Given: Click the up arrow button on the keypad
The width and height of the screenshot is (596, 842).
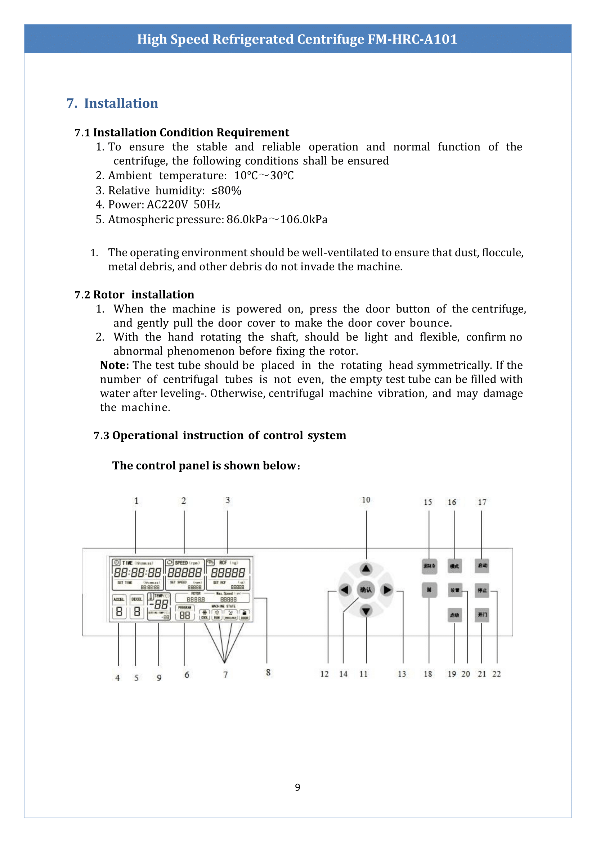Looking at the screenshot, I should pyautogui.click(x=366, y=569).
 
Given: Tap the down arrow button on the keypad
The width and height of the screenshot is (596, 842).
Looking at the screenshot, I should pyautogui.click(x=366, y=611).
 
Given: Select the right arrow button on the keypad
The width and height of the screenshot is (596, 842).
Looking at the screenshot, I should pyautogui.click(x=387, y=590).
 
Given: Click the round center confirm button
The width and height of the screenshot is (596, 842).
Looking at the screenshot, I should pyautogui.click(x=366, y=590).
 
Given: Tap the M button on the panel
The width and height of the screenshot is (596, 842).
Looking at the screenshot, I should pyautogui.click(x=429, y=590).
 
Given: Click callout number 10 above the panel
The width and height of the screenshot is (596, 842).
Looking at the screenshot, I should pyautogui.click(x=366, y=500).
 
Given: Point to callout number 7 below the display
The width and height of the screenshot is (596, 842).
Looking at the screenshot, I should pyautogui.click(x=225, y=675).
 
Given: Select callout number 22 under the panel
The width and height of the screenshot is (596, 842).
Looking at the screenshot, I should pyautogui.click(x=496, y=674).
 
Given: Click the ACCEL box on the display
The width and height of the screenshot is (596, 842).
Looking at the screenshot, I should pyautogui.click(x=119, y=599).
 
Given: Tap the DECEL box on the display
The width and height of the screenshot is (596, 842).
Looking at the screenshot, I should pyautogui.click(x=137, y=599).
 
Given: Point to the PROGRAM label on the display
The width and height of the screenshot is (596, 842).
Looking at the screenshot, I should pyautogui.click(x=185, y=608).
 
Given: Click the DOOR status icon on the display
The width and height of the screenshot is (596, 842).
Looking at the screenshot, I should pyautogui.click(x=245, y=614).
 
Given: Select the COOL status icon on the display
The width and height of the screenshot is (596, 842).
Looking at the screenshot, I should pyautogui.click(x=205, y=614).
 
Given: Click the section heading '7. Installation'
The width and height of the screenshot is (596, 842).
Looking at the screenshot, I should pyautogui.click(x=112, y=103).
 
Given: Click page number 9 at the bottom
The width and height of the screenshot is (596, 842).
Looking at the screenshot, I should pyautogui.click(x=297, y=787).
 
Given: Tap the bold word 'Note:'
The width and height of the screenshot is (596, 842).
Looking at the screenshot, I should pyautogui.click(x=115, y=365).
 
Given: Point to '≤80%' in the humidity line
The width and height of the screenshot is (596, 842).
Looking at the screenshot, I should pyautogui.click(x=226, y=191).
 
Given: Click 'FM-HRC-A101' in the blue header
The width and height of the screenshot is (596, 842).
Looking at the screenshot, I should pyautogui.click(x=412, y=39).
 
